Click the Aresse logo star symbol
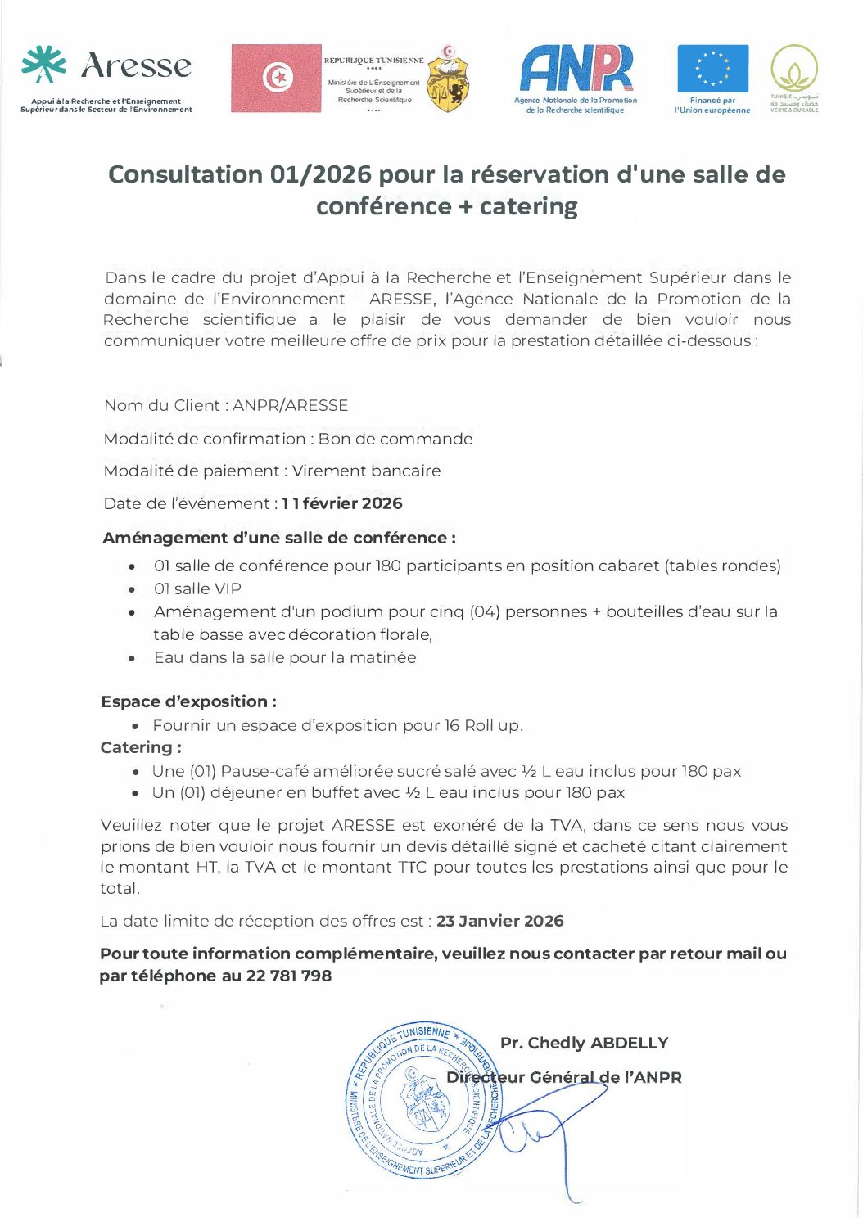coord(44,65)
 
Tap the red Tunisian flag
coord(276,79)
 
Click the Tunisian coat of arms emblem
coord(449,79)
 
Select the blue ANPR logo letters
coord(576,68)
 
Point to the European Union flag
coord(712,69)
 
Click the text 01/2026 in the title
coord(320,174)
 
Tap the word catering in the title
coord(529,206)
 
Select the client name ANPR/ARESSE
coord(291,405)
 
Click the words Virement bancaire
coord(367,471)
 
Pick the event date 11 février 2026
coord(342,503)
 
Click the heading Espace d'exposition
coord(188,701)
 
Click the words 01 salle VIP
coord(197,588)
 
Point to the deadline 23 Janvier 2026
coord(499,921)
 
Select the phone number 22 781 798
coord(289,976)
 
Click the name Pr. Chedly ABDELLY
coord(584,1043)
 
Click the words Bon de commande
coord(395,439)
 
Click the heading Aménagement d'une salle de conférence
coord(279,538)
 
